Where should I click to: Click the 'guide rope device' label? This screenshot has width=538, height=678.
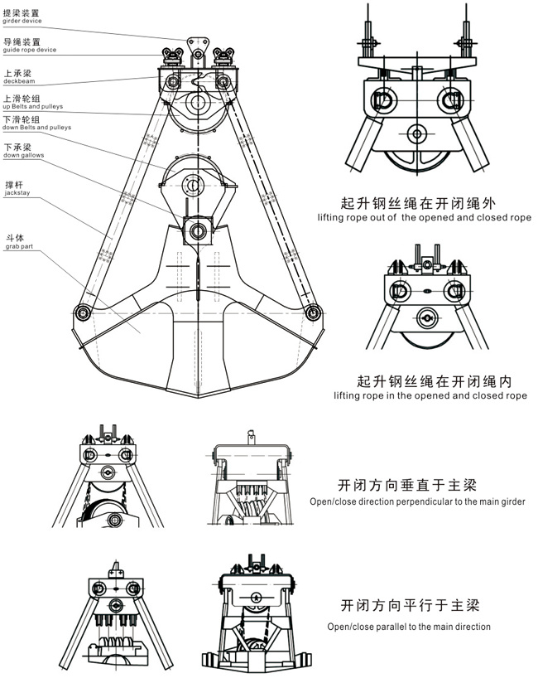(x=29, y=50)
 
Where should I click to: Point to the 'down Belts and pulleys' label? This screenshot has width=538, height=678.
(x=36, y=128)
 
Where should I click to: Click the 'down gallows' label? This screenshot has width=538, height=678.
(x=24, y=156)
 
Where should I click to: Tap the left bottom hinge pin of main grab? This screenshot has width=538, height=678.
(x=82, y=312)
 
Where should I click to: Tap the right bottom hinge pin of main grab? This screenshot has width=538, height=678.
(x=312, y=312)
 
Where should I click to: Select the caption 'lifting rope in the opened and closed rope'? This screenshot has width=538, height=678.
(x=430, y=396)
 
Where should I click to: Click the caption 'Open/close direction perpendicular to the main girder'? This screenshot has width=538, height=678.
(x=422, y=501)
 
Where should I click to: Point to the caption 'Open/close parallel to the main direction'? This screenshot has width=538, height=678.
(x=409, y=627)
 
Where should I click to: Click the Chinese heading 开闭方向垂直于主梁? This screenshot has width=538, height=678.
(x=408, y=485)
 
